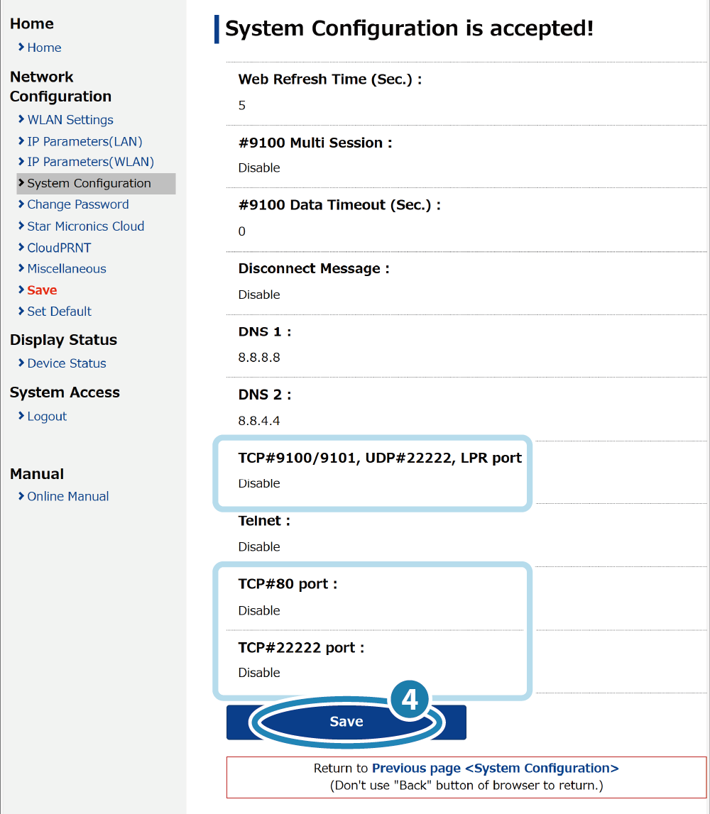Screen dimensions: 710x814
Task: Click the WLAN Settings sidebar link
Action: point(70,120)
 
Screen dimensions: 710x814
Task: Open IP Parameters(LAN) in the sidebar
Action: point(84,141)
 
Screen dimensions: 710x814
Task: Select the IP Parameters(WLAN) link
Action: point(90,162)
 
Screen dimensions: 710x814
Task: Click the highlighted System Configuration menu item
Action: point(96,184)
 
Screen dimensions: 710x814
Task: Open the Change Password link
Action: point(78,204)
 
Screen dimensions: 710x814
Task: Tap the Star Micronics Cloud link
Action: point(86,226)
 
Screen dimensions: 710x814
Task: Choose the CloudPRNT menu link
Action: point(59,248)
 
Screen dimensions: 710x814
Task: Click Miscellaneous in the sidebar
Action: point(67,269)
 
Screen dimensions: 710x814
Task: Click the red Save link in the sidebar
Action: point(42,290)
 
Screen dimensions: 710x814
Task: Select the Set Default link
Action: point(59,312)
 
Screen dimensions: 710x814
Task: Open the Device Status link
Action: point(67,363)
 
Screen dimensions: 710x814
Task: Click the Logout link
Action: point(47,417)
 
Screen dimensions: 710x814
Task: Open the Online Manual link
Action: point(68,496)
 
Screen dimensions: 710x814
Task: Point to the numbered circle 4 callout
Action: point(409,700)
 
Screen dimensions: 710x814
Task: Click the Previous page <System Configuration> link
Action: point(496,769)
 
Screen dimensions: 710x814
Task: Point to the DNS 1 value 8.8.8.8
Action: point(259,358)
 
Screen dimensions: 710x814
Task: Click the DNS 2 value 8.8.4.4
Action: point(259,421)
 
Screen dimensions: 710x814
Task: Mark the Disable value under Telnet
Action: point(259,546)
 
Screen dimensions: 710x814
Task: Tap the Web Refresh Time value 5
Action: point(242,105)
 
